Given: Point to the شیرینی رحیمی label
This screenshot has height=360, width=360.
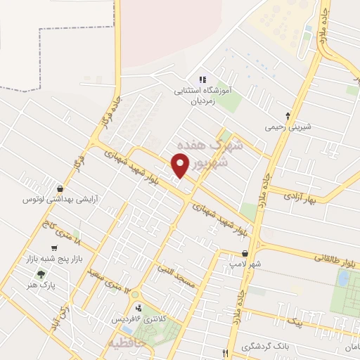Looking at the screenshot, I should (288, 128).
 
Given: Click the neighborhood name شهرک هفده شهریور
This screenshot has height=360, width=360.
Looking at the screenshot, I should (214, 151).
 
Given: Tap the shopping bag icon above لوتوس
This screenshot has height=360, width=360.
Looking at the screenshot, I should (61, 188).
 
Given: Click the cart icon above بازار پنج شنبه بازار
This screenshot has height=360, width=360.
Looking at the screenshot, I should (54, 248).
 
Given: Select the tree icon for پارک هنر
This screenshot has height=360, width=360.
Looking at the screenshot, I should (41, 275).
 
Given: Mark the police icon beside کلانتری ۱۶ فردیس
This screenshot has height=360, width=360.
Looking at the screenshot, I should (139, 307).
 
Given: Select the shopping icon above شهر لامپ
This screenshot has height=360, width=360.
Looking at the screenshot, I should (244, 254).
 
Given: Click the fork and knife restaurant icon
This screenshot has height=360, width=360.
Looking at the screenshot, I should (225, 353).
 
